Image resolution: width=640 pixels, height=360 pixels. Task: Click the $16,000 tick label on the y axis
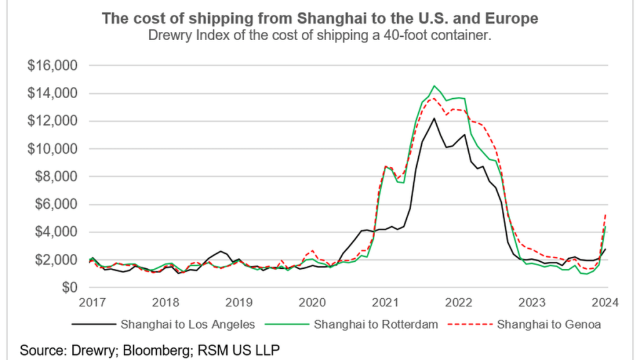[52, 66]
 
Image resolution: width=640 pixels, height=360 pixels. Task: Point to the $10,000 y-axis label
[52, 149]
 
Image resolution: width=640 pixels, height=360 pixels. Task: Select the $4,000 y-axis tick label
[54, 232]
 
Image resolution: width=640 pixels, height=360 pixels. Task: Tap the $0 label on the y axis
[66, 287]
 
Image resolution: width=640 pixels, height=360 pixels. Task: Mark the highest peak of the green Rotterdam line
[434, 86]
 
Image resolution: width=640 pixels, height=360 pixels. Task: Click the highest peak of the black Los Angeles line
[434, 118]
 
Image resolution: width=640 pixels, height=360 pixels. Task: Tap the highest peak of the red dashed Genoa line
[434, 97]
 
